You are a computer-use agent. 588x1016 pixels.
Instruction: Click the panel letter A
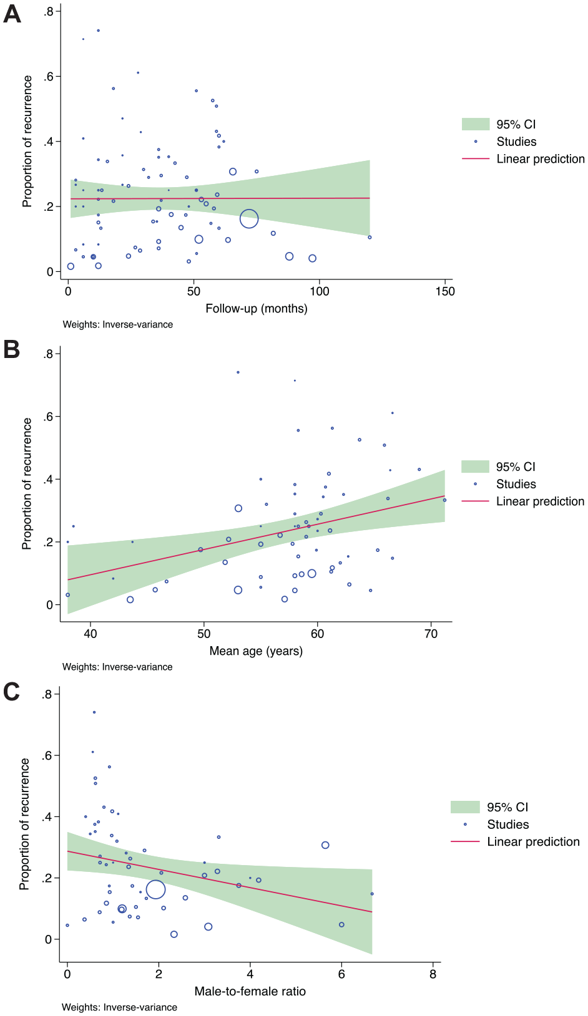(x=12, y=14)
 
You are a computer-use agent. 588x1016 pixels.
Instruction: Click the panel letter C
(x=11, y=692)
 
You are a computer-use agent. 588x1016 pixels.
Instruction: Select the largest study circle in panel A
(x=249, y=219)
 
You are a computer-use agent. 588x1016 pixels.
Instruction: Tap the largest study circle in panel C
(x=156, y=889)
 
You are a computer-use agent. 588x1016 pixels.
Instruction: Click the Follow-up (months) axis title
(x=257, y=309)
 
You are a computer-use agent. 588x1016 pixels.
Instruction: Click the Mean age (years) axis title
(x=256, y=651)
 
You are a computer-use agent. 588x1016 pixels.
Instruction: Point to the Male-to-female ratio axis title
(x=250, y=991)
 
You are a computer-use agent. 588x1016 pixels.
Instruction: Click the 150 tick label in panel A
(x=445, y=291)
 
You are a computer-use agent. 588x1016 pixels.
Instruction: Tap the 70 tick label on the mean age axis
(x=431, y=634)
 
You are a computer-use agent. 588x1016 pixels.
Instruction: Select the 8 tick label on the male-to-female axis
(x=433, y=974)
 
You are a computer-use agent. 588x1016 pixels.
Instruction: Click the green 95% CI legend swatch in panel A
(x=476, y=124)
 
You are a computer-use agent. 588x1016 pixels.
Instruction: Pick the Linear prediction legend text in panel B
(x=540, y=501)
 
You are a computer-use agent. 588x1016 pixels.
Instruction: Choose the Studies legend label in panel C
(x=507, y=824)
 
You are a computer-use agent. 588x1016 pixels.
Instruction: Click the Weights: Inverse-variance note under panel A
(x=117, y=325)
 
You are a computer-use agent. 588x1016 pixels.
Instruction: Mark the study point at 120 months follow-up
(x=370, y=237)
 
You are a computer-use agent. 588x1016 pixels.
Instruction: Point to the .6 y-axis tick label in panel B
(x=49, y=417)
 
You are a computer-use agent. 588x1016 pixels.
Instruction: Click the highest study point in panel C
(x=94, y=712)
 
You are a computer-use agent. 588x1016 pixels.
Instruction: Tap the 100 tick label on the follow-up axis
(x=319, y=291)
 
